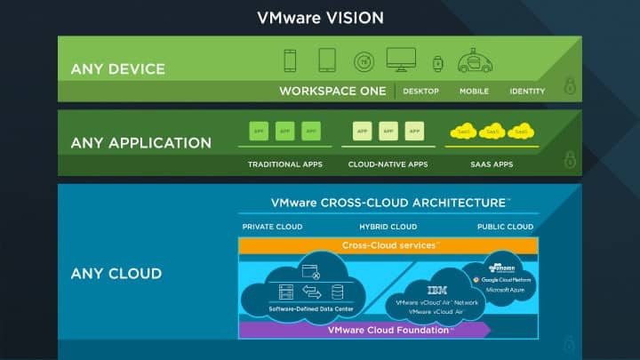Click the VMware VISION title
(320, 18)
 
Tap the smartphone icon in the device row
(290, 60)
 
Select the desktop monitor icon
(401, 60)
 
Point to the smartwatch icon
(437, 63)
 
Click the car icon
(475, 62)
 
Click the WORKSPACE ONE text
(332, 91)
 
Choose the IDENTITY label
(527, 92)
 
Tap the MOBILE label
(474, 92)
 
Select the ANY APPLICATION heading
(141, 143)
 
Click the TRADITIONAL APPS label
(284, 164)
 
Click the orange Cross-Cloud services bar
(388, 245)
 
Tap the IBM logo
(437, 290)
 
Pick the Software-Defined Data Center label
(312, 308)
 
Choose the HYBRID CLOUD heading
(388, 227)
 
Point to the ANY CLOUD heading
(116, 274)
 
